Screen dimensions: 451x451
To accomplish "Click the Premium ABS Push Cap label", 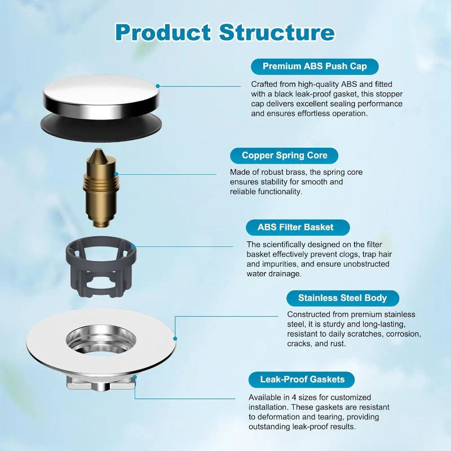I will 315,66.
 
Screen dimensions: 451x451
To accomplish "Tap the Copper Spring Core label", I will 284,156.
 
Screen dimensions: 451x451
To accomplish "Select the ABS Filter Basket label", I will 295,227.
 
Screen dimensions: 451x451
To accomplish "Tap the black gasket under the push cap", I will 100,124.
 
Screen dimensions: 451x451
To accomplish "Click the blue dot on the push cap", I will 158,86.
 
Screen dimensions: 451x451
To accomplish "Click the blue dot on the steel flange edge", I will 175,339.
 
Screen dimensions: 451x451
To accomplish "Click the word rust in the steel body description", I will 336,343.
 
